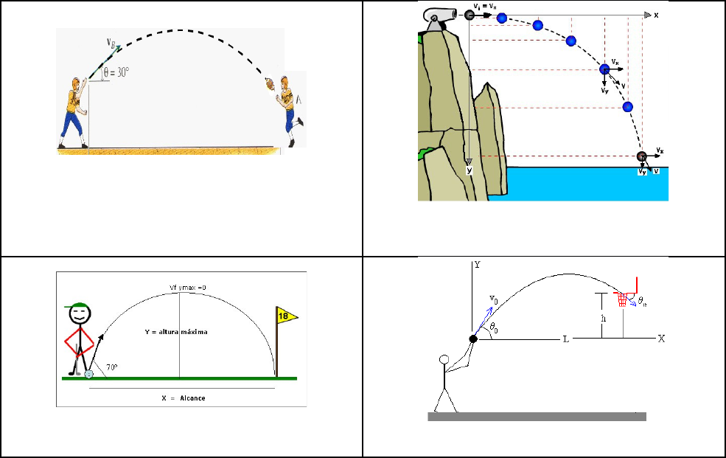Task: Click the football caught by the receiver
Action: pyautogui.click(x=270, y=83)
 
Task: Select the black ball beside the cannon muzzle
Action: pyautogui.click(x=470, y=15)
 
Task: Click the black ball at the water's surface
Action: pyautogui.click(x=642, y=156)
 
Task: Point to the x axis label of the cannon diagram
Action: pyautogui.click(x=655, y=15)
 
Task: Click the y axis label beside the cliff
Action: pyautogui.click(x=468, y=170)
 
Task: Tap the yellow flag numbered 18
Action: pyautogui.click(x=286, y=316)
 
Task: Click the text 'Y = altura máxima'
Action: pyautogui.click(x=175, y=332)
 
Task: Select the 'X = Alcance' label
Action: pyautogui.click(x=183, y=398)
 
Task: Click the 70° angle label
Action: pyautogui.click(x=112, y=366)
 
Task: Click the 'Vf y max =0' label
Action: pyautogui.click(x=179, y=287)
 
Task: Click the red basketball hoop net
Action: pyautogui.click(x=624, y=299)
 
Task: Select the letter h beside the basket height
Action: pyautogui.click(x=602, y=318)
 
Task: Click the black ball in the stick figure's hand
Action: pyautogui.click(x=473, y=339)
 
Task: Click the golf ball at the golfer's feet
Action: pyautogui.click(x=89, y=374)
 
